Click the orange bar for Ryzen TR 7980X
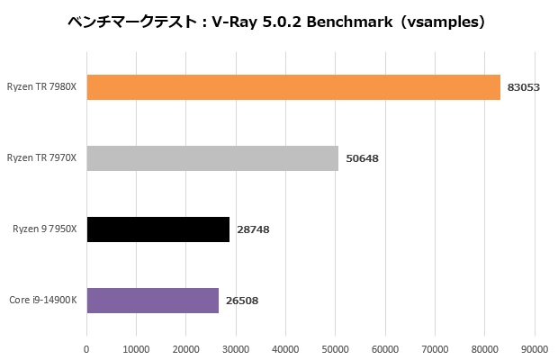coord(293,87)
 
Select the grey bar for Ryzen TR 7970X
coord(212,158)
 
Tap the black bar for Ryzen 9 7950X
coord(158,229)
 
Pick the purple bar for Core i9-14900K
coord(153,301)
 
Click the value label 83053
coord(523,87)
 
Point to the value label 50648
coord(362,158)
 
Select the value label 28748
coord(253,229)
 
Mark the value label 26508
coord(242,301)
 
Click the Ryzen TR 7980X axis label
coord(41,87)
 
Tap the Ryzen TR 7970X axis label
coord(41,158)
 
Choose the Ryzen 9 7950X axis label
coord(45,229)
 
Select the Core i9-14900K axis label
coord(43,301)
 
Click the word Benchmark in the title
coord(347,22)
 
